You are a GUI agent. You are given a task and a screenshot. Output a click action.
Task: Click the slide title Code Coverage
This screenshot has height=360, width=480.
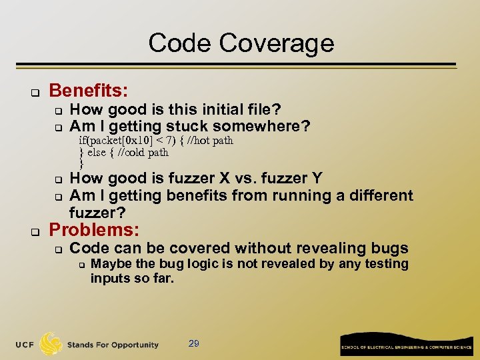click(241, 43)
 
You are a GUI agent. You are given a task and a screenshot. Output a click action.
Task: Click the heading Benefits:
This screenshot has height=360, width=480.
click(89, 90)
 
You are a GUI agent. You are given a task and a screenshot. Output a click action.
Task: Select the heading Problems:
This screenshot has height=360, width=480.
click(94, 230)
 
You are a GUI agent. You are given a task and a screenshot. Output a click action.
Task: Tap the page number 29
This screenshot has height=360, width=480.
click(194, 343)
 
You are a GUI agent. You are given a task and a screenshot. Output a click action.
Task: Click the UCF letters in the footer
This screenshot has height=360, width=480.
click(26, 345)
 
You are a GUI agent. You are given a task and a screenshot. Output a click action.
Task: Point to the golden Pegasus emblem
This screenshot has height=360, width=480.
click(51, 343)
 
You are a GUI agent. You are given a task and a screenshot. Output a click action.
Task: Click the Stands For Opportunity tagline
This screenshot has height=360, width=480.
click(113, 345)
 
